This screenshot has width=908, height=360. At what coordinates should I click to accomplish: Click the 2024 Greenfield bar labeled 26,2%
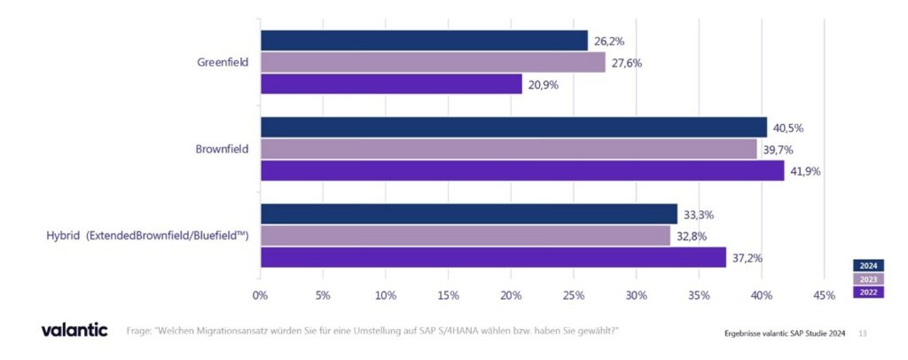(424, 41)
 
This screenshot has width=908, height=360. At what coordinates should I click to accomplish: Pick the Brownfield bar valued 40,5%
(513, 127)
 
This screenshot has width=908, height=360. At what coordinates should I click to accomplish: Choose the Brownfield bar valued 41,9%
(522, 170)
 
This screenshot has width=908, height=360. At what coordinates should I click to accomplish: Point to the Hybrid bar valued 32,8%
(466, 236)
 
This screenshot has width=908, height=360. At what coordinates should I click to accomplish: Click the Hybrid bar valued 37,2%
(493, 257)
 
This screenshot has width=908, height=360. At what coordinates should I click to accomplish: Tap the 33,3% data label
(698, 215)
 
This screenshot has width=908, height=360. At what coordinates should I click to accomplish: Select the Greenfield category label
(222, 63)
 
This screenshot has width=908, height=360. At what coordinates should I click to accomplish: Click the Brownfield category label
(222, 149)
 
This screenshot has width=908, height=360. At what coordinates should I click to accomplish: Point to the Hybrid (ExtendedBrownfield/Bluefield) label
(147, 236)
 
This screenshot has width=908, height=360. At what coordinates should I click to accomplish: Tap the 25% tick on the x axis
(574, 294)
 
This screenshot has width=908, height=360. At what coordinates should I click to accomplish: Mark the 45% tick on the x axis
(824, 294)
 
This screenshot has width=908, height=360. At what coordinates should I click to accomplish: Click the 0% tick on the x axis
(260, 294)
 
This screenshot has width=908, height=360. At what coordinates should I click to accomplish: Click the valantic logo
(74, 330)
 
